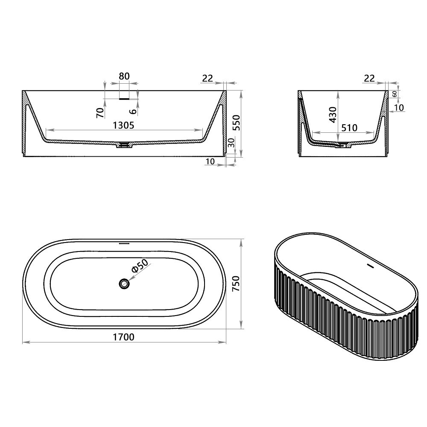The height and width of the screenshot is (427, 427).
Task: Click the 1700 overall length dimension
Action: point(124,337)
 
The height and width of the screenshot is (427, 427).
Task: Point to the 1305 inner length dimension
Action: point(124,125)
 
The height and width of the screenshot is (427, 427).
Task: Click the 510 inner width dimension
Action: point(349,127)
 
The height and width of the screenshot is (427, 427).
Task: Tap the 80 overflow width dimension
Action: point(124,76)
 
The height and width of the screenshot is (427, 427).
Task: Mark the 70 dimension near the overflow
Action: point(100,112)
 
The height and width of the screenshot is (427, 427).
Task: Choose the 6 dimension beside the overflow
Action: point(134,111)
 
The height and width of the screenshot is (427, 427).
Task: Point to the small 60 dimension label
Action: point(395,94)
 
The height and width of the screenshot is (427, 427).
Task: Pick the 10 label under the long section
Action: point(210,161)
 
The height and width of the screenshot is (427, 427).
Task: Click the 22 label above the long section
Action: point(208,78)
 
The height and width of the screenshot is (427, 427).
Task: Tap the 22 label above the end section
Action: point(370,78)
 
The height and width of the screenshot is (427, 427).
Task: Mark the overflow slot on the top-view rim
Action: point(124,244)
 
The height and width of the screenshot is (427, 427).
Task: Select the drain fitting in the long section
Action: point(124,145)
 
